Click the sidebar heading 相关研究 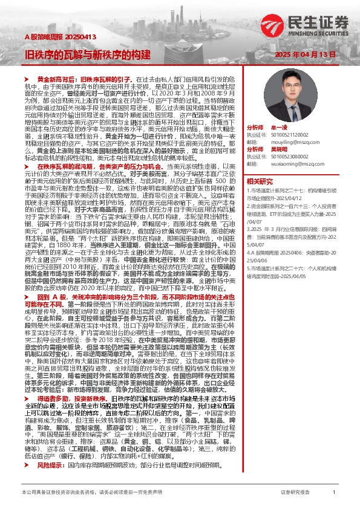(x=258, y=181)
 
